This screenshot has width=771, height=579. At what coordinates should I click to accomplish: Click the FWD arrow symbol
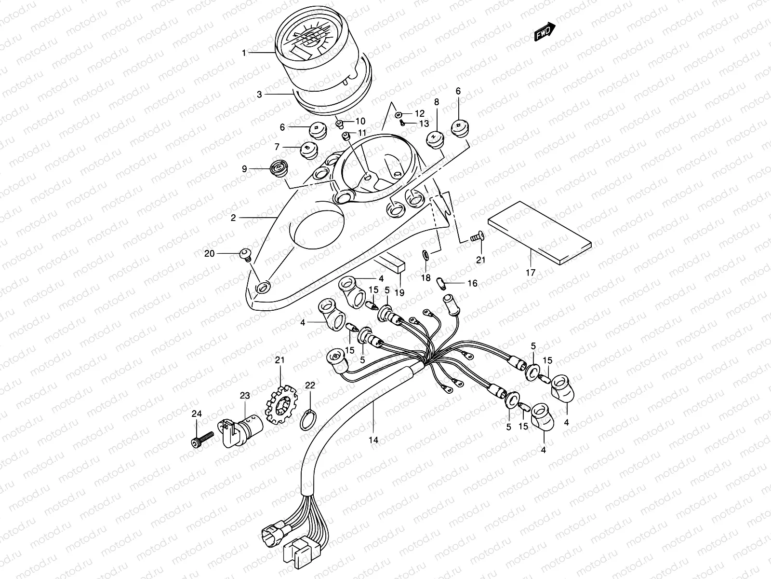tap(545, 33)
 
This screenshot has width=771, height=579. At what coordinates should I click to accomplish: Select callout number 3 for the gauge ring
tap(259, 95)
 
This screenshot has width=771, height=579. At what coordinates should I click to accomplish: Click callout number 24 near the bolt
tap(196, 413)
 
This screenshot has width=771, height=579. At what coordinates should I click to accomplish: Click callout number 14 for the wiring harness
tap(374, 440)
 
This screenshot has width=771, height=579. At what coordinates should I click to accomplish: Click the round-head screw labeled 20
tap(246, 254)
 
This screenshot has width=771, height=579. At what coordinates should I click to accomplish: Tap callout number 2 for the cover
tap(233, 218)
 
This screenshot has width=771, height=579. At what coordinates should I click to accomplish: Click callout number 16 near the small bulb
tap(472, 283)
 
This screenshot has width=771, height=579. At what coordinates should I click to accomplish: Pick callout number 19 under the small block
tap(399, 292)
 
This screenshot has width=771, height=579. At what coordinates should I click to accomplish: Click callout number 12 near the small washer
tap(420, 113)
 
